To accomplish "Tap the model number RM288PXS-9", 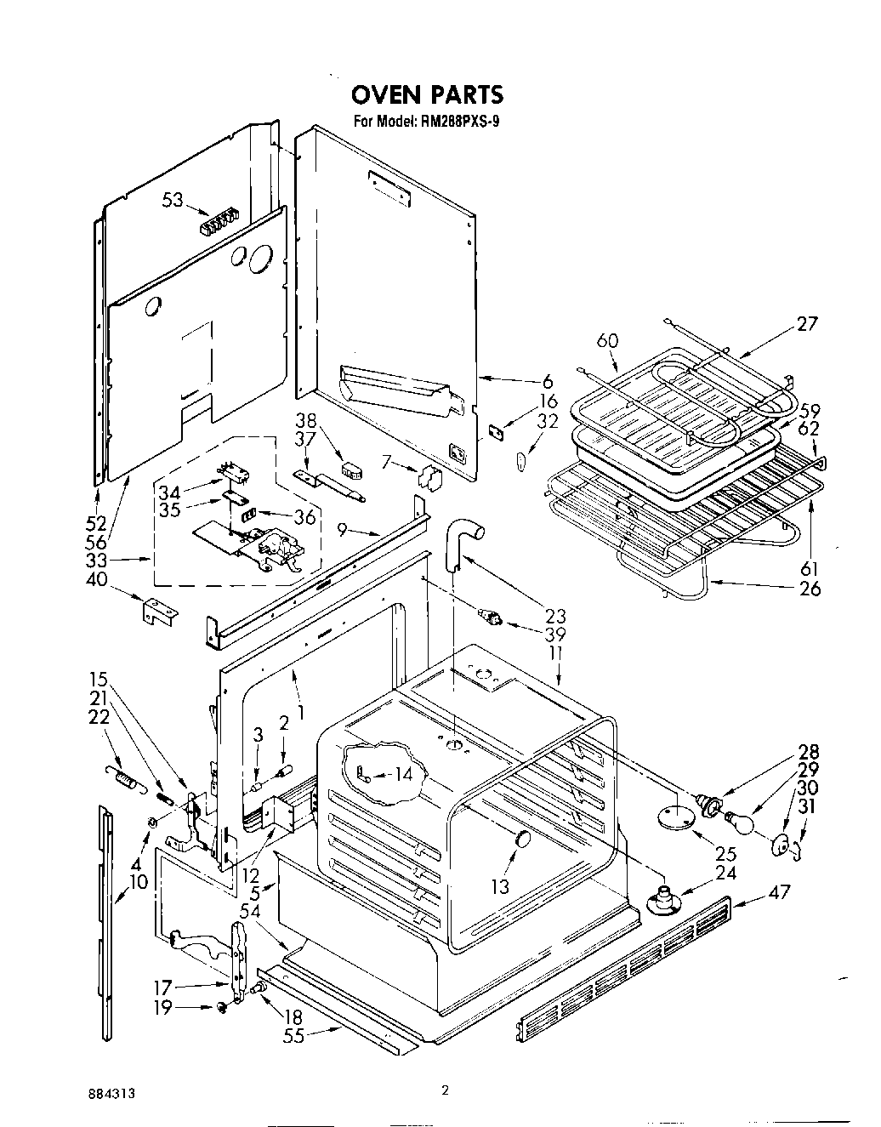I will pyautogui.click(x=459, y=121).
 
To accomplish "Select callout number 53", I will pyautogui.click(x=173, y=200).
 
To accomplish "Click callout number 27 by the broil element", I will pyautogui.click(x=806, y=323).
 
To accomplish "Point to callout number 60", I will pyautogui.click(x=606, y=340).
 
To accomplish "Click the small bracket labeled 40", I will pyautogui.click(x=159, y=610).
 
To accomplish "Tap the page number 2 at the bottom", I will pyautogui.click(x=444, y=1090).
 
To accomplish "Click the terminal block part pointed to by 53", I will pyautogui.click(x=217, y=225).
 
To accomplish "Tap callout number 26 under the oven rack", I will pyautogui.click(x=810, y=588).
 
